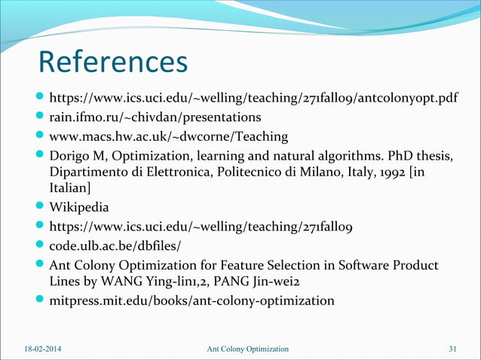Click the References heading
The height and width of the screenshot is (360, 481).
112,63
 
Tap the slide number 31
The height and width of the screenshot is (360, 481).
452,349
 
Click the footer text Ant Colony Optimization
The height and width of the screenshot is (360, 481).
247,349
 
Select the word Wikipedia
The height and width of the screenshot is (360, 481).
78,207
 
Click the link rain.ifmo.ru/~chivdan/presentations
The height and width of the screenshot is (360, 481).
155,117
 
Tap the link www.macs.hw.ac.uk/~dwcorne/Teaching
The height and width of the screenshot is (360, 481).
168,136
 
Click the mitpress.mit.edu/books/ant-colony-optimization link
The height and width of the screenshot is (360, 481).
191,301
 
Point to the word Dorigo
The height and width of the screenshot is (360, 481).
69,155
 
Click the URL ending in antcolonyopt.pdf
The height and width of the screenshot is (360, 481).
253,99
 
